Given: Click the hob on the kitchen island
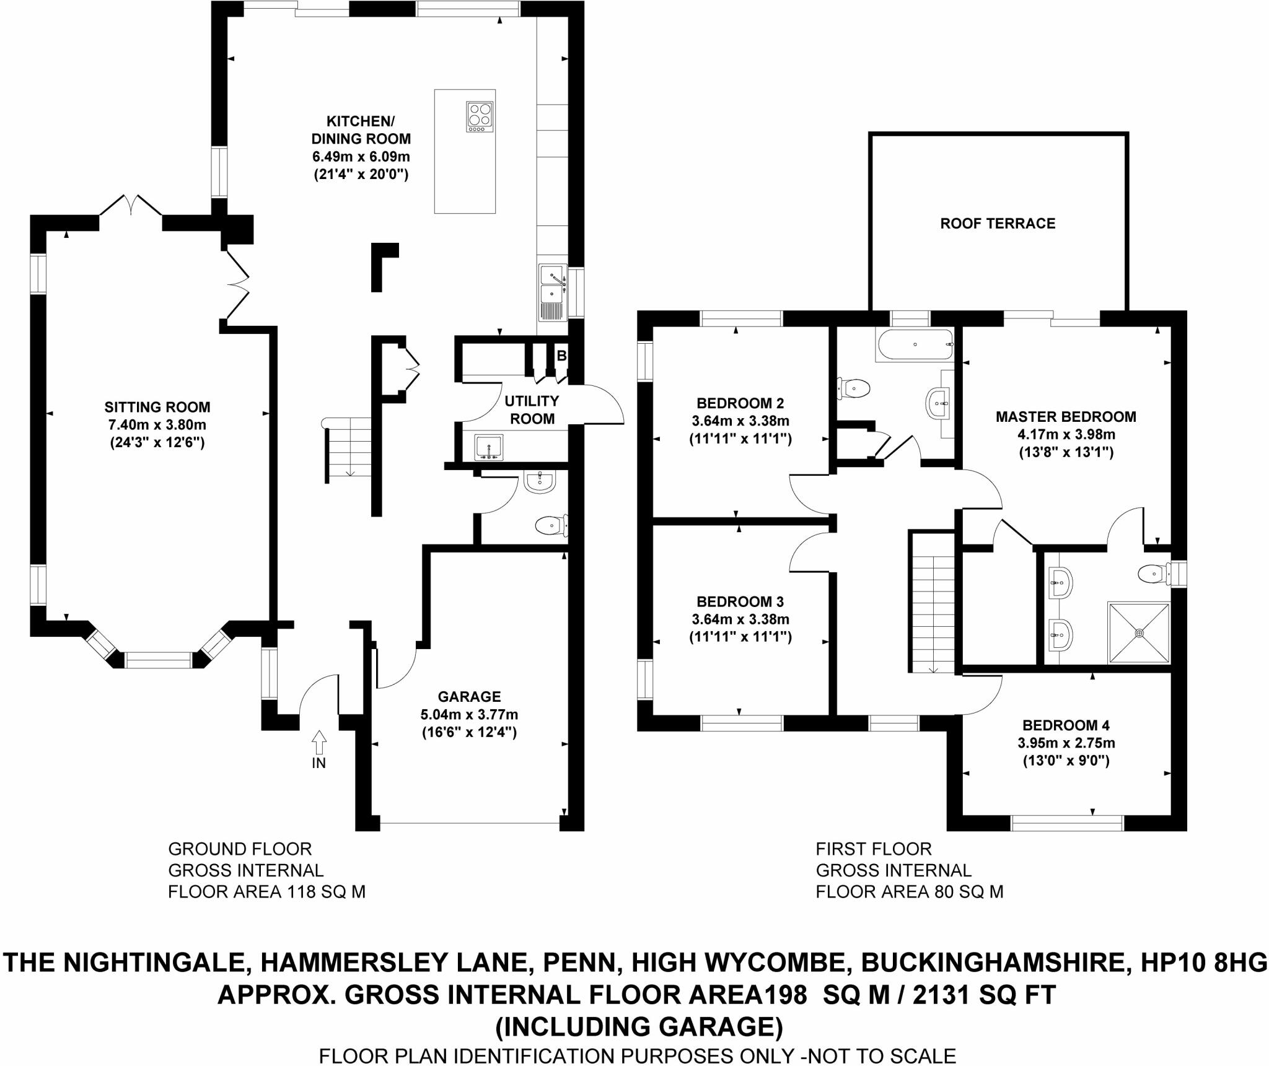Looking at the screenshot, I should click(480, 116).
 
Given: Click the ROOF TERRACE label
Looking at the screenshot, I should click(998, 224).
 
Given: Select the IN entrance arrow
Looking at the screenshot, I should click(318, 741).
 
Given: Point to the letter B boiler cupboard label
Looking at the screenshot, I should click(561, 356).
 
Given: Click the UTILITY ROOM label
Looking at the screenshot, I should click(532, 409).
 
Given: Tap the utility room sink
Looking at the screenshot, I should click(489, 447).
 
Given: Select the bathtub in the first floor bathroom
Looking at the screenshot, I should click(915, 344).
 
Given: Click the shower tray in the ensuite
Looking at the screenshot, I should click(1139, 632).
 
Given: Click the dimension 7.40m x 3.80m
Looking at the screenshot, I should click(157, 425).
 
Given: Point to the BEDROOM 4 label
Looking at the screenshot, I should click(1066, 725).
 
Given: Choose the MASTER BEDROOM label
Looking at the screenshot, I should click(1066, 417).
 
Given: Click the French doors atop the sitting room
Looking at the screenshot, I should click(131, 205).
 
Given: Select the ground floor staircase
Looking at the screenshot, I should click(348, 447).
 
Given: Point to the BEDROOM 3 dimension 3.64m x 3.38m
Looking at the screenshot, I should click(740, 619).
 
